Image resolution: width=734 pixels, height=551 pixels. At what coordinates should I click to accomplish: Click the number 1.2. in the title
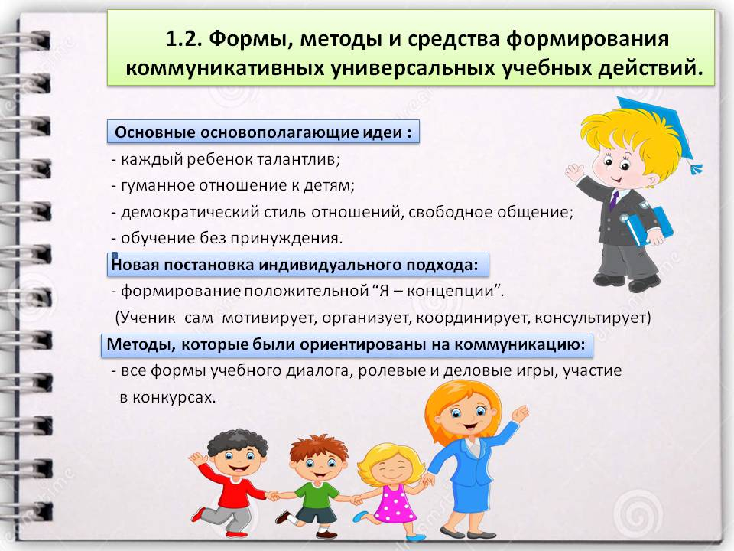pyautogui.click(x=184, y=39)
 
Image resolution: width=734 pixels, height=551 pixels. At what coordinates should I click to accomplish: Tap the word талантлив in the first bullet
pyautogui.click(x=299, y=160)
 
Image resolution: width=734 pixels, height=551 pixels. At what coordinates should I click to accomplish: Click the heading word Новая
pyautogui.click(x=135, y=265)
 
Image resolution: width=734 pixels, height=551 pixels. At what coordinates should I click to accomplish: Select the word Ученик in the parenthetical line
pyautogui.click(x=146, y=318)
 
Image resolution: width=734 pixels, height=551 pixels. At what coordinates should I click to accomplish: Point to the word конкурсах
pyautogui.click(x=174, y=398)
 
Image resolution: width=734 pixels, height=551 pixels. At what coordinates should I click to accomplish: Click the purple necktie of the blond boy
pyautogui.click(x=614, y=199)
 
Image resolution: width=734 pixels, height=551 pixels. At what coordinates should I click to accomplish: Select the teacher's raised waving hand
pyautogui.click(x=520, y=414)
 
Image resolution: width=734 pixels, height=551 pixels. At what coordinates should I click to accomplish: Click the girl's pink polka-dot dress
pyautogui.click(x=395, y=504)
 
